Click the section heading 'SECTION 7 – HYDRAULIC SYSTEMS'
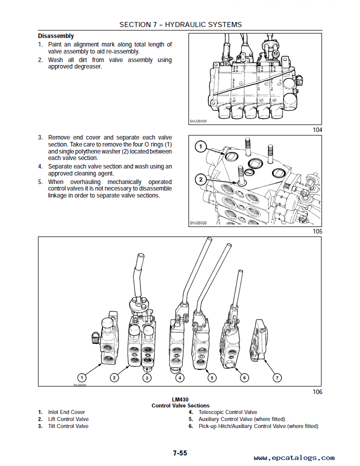coord(180,24)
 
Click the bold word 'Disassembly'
coord(56,36)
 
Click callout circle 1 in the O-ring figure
coord(200,147)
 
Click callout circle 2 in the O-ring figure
coord(200,179)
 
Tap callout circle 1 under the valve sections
coord(82,377)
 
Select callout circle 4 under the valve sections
coord(179,377)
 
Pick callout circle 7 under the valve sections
coord(277,377)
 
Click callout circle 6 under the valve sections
coord(244,377)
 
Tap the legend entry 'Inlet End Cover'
coord(66,412)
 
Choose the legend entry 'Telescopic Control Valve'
coord(227,412)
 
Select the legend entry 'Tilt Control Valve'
coord(68,426)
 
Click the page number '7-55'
coord(180,453)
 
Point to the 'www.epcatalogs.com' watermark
coord(294,457)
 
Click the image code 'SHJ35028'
coord(198,120)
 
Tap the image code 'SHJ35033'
coord(198,223)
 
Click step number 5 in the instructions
coord(40,182)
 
